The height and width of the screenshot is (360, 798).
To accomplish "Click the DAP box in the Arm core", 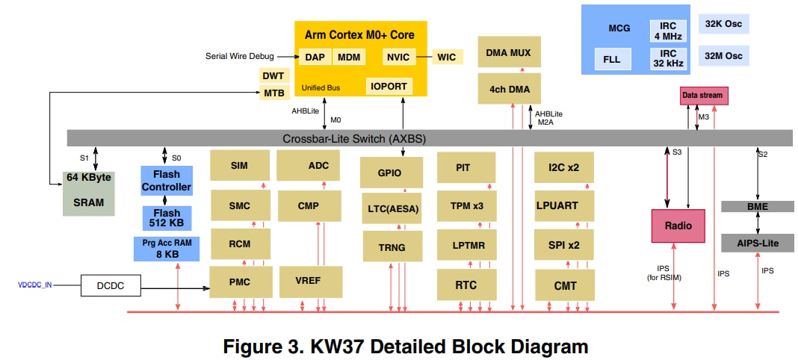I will point(314,57).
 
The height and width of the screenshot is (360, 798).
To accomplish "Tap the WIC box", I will point(447,57).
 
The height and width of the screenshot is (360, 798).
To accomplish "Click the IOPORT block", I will point(389,86).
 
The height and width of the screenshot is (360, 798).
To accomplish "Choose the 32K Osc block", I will point(723,24).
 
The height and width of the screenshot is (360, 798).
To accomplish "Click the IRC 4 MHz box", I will point(668,30).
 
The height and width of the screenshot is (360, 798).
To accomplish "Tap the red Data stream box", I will point(702,96).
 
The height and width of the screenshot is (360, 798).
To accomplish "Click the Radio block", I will point(678,226).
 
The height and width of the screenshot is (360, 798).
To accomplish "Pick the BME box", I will point(758,207).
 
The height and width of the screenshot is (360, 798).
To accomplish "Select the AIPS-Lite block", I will point(758,243).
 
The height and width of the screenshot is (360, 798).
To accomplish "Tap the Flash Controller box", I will point(166,181).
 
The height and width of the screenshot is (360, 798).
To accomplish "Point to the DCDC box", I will point(111,285).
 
